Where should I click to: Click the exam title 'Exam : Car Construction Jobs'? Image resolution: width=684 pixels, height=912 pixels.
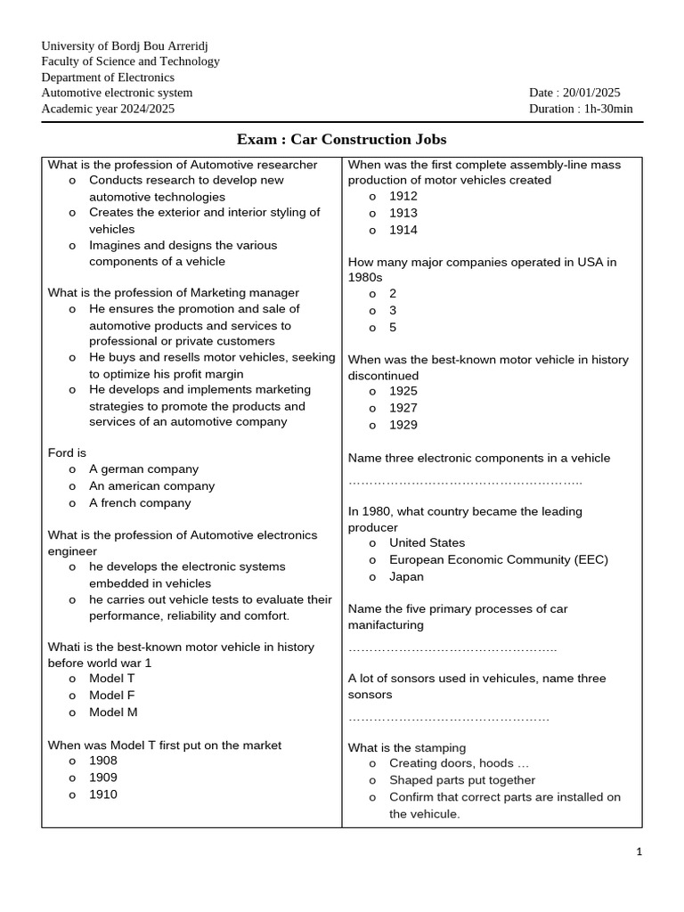[341, 140]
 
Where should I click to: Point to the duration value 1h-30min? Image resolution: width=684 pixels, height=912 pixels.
[608, 109]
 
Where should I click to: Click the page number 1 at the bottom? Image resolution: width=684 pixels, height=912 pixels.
[639, 851]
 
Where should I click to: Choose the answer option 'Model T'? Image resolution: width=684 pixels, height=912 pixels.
[112, 679]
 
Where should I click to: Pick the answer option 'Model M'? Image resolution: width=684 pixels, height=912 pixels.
[113, 712]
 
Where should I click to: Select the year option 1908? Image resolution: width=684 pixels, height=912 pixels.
[103, 761]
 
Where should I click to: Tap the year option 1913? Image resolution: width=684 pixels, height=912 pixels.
[403, 213]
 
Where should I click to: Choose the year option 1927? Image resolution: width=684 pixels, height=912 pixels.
[403, 408]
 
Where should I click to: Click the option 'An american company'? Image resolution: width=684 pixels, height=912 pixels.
[151, 486]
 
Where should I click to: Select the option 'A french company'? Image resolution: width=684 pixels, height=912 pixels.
[140, 503]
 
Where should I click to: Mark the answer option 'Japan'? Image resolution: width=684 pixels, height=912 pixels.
[406, 576]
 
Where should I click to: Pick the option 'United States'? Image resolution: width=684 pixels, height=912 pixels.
[427, 542]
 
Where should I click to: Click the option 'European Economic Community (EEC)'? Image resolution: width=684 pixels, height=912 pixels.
[498, 559]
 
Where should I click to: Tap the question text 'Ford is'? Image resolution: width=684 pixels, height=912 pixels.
[67, 453]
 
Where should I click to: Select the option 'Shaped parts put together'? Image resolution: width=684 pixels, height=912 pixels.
[462, 780]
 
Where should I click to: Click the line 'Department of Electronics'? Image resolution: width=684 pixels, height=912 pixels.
[108, 77]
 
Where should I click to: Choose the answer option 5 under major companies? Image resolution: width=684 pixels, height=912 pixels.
[393, 327]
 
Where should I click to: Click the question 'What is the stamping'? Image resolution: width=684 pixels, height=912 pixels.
[406, 748]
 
